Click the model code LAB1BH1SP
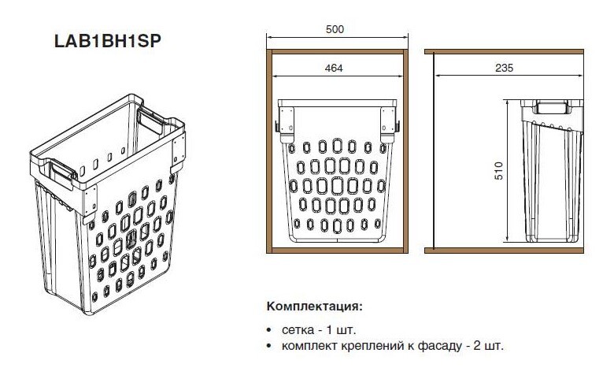(108, 41)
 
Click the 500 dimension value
(335, 29)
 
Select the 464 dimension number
(334, 69)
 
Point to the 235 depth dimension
(504, 68)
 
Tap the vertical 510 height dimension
(498, 170)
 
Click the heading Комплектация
(315, 306)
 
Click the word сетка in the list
(298, 330)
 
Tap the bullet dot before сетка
(268, 330)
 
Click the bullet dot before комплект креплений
(268, 347)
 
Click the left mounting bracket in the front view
(287, 124)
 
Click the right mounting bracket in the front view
(389, 124)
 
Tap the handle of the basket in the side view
(550, 107)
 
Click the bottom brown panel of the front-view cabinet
(337, 251)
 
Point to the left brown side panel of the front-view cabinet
(269, 151)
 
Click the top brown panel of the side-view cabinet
(504, 52)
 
